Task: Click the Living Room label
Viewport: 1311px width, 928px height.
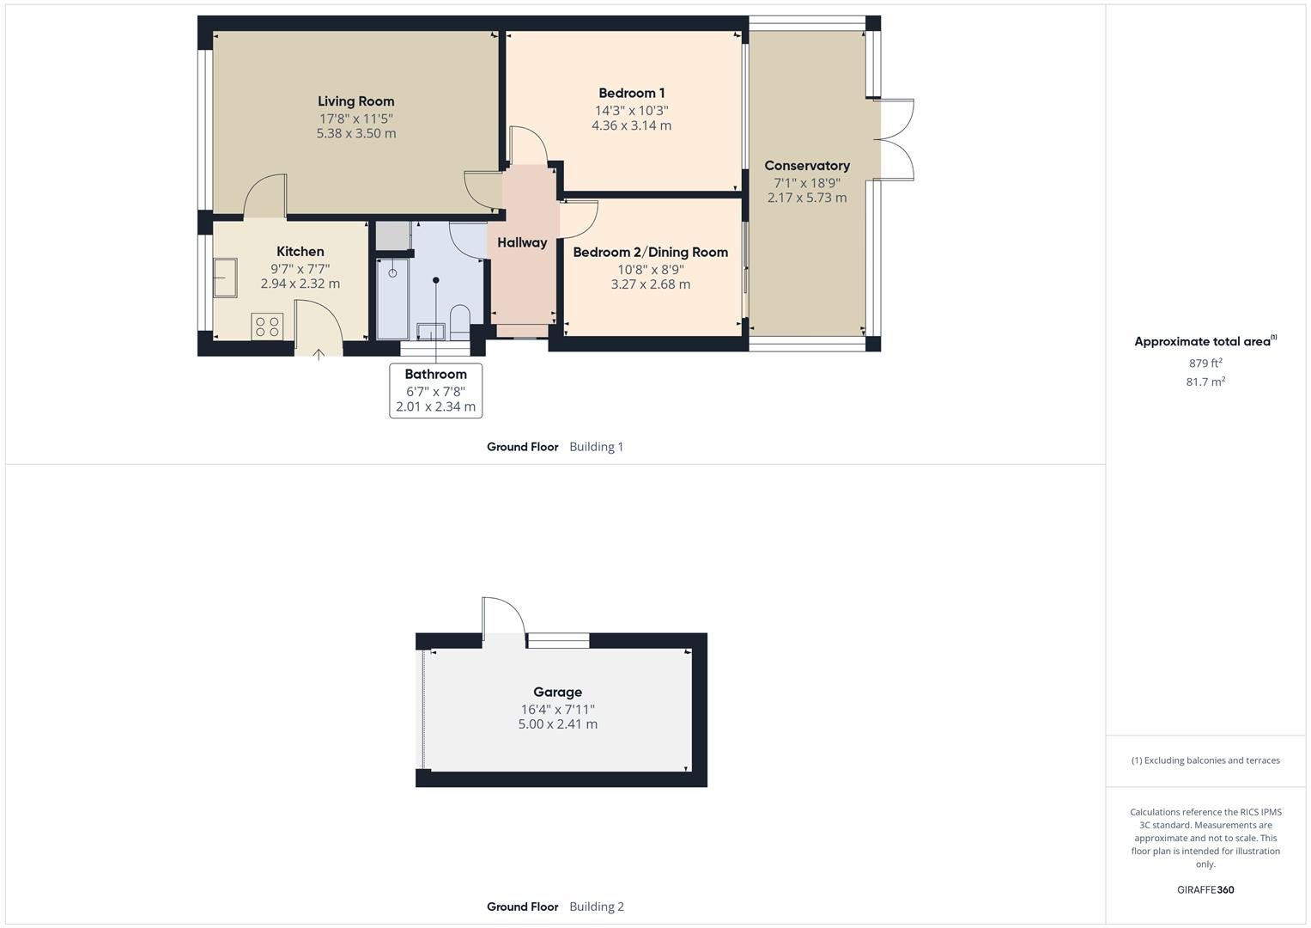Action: (355, 101)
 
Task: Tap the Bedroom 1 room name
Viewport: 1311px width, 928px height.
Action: (631, 93)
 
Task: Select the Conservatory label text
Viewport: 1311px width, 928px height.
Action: (806, 166)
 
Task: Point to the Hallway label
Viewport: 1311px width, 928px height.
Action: (521, 242)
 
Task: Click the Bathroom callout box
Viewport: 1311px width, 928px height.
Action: (435, 390)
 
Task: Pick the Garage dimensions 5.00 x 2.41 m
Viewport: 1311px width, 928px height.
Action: (557, 724)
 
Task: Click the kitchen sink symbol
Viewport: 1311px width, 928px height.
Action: (225, 278)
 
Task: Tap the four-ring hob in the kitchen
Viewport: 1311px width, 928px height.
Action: (267, 327)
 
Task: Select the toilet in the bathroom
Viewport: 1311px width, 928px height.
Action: (460, 320)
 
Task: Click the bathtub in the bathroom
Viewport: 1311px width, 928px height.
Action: (393, 296)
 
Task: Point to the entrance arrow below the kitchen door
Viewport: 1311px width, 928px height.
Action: (319, 353)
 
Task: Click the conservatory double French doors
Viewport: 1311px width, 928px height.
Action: (895, 140)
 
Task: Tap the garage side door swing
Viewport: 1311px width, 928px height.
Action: (502, 618)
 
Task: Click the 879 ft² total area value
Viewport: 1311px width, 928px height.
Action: (1205, 363)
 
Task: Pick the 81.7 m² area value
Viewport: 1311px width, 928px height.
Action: (1205, 382)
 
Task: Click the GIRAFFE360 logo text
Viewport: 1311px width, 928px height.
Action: (1205, 889)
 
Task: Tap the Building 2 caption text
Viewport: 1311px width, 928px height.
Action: (596, 907)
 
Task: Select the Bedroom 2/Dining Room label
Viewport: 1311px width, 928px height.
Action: (650, 252)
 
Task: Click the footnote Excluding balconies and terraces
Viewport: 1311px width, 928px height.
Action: (1205, 760)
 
